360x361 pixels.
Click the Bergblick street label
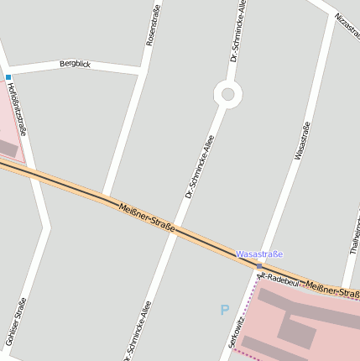pyautogui.click(x=74, y=64)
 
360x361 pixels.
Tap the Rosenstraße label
pyautogui.click(x=152, y=24)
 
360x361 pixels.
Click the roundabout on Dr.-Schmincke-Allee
pyautogui.click(x=227, y=94)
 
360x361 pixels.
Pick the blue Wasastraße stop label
pyautogui.click(x=259, y=254)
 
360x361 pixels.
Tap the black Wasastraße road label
pyautogui.click(x=303, y=140)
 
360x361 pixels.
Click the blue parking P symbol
pyautogui.click(x=224, y=310)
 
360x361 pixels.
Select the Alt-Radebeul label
pyautogui.click(x=279, y=279)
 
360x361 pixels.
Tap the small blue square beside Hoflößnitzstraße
pyautogui.click(x=8, y=77)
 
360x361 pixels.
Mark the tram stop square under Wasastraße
pyautogui.click(x=259, y=265)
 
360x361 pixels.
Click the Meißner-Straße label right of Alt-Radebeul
pyautogui.click(x=332, y=290)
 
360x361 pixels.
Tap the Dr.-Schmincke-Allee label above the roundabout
pyautogui.click(x=238, y=31)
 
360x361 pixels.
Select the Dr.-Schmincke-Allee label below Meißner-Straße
pyautogui.click(x=138, y=332)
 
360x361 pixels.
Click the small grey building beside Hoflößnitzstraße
pyautogui.click(x=7, y=149)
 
